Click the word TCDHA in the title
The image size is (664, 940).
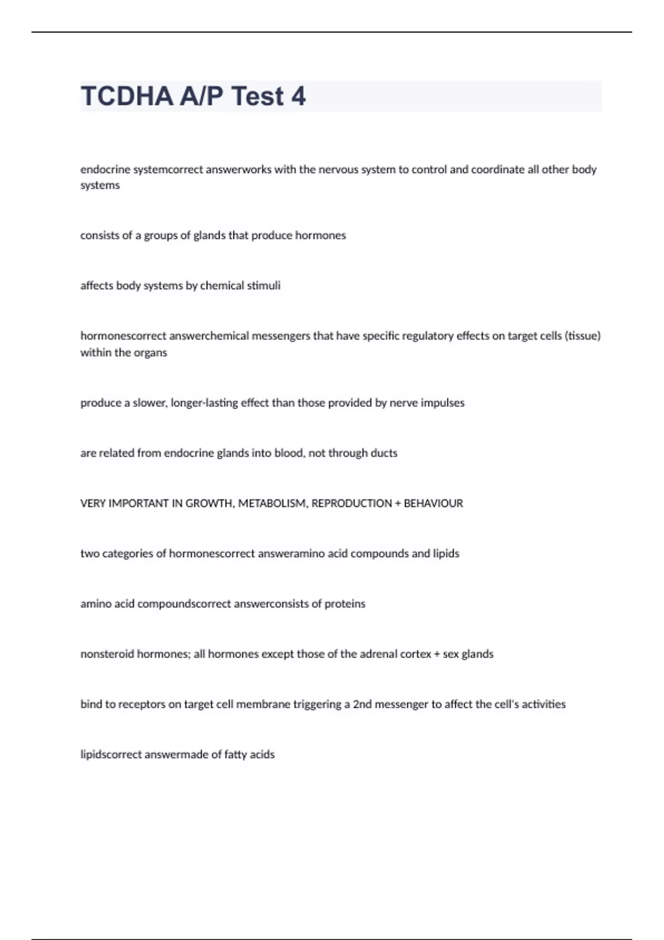(x=127, y=96)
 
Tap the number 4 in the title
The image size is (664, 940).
(x=298, y=96)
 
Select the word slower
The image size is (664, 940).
(x=149, y=403)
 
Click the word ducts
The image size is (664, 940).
(x=384, y=453)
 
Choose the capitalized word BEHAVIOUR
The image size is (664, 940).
(x=433, y=504)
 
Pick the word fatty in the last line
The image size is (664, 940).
(x=235, y=755)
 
